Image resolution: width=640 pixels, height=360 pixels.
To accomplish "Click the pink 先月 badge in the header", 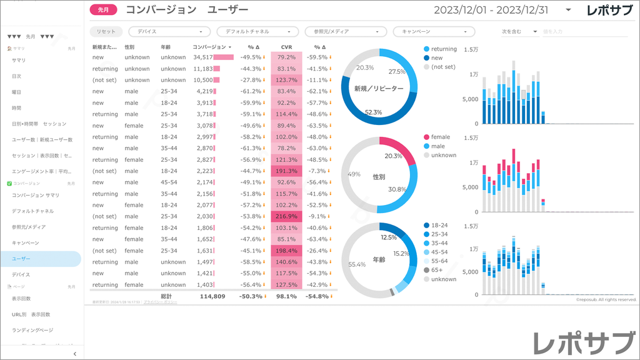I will [104, 9].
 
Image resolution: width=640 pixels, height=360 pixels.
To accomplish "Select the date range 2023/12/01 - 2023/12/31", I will [491, 10].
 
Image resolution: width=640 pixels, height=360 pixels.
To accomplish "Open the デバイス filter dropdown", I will [169, 31].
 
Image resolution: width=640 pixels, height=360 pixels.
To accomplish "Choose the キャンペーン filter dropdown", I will [434, 31].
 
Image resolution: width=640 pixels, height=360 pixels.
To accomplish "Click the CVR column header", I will [286, 47].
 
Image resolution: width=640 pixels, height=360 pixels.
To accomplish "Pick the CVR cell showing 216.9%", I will [286, 216].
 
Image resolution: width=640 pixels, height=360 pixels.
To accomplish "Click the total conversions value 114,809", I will [212, 296].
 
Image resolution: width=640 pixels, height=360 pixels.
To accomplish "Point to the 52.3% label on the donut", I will [373, 112].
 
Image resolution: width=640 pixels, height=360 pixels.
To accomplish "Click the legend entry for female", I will [440, 137].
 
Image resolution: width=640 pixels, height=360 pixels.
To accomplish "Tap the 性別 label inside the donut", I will [378, 177].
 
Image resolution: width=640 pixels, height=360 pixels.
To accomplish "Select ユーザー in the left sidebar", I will [21, 258].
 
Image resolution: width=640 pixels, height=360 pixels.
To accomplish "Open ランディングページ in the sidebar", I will [32, 329].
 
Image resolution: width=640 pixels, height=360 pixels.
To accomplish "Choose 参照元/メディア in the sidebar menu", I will [29, 227].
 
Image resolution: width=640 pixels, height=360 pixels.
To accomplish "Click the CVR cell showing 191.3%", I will [286, 171].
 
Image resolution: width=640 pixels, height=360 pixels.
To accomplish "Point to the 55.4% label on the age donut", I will [357, 264].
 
